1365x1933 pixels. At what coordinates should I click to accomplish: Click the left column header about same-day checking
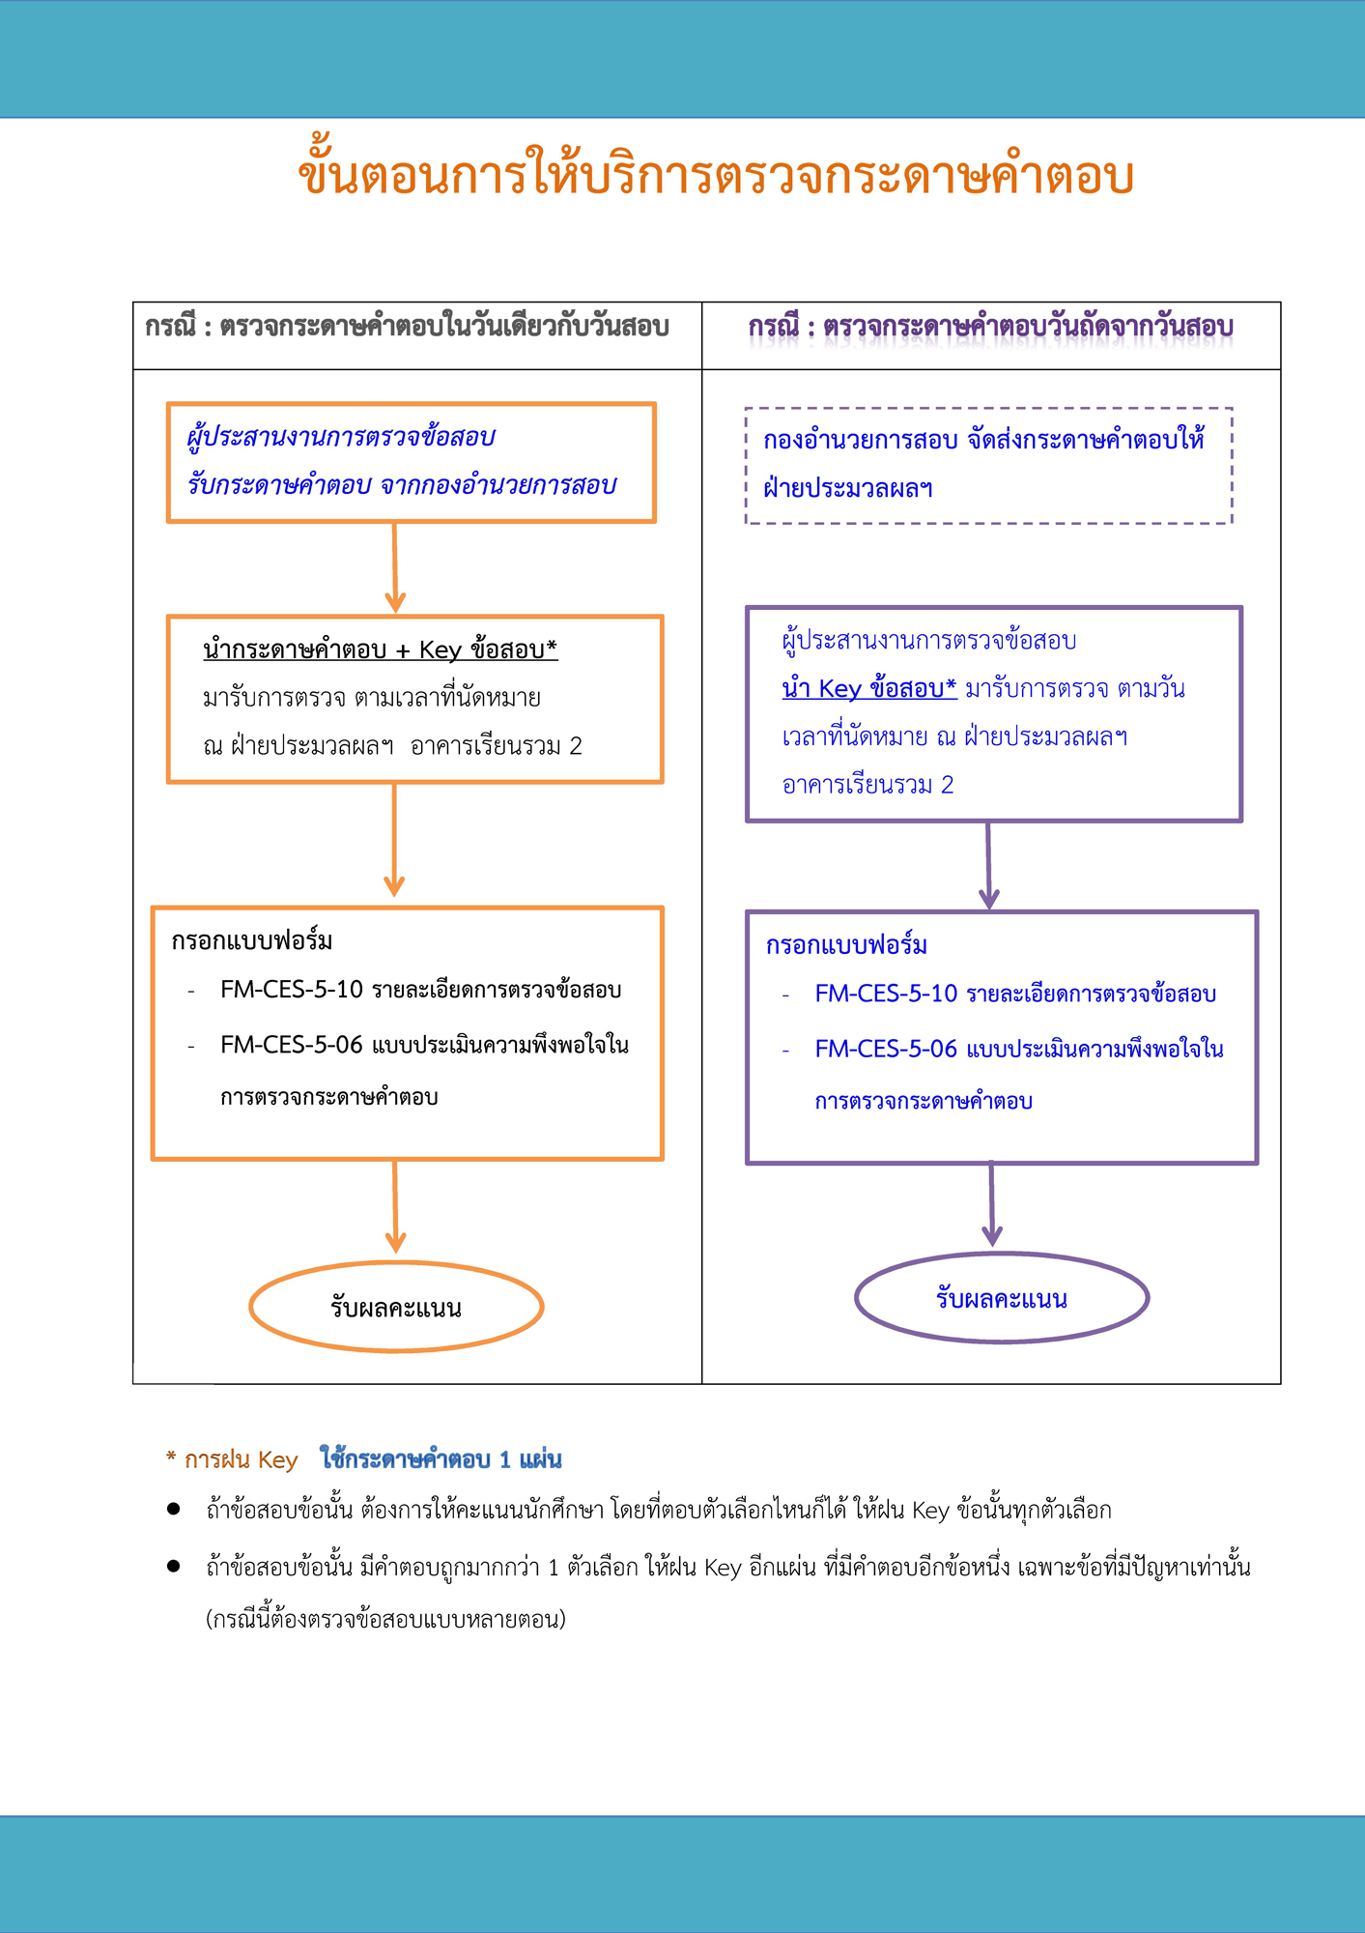click(407, 327)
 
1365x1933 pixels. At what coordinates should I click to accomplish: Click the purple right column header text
click(990, 327)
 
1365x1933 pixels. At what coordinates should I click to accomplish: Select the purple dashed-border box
click(988, 466)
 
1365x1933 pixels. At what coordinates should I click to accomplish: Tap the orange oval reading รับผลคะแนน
click(396, 1307)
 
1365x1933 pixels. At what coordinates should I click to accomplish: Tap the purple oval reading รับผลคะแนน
click(1001, 1298)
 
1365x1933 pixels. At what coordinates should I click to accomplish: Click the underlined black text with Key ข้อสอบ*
click(380, 649)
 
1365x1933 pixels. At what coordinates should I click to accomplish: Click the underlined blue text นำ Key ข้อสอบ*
click(868, 688)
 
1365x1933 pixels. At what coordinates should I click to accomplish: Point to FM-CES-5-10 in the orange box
click(291, 990)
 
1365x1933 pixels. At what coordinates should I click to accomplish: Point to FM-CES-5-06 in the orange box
click(291, 1045)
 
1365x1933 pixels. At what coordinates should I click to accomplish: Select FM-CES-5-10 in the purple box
click(885, 994)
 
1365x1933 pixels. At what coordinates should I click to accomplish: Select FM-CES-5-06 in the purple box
click(885, 1049)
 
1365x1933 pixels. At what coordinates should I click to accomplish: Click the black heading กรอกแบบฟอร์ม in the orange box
click(251, 940)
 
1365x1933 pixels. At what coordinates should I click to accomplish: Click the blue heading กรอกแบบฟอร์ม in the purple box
click(846, 945)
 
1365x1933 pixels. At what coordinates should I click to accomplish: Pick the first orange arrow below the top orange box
click(394, 568)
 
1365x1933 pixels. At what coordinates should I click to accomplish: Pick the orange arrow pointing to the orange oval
click(395, 1208)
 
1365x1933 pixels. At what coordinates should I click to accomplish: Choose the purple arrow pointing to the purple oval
click(991, 1205)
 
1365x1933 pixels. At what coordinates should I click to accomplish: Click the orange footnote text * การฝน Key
click(232, 1459)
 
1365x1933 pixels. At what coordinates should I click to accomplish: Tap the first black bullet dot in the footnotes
click(174, 1509)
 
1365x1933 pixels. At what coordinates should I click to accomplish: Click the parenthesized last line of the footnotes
click(385, 1619)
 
